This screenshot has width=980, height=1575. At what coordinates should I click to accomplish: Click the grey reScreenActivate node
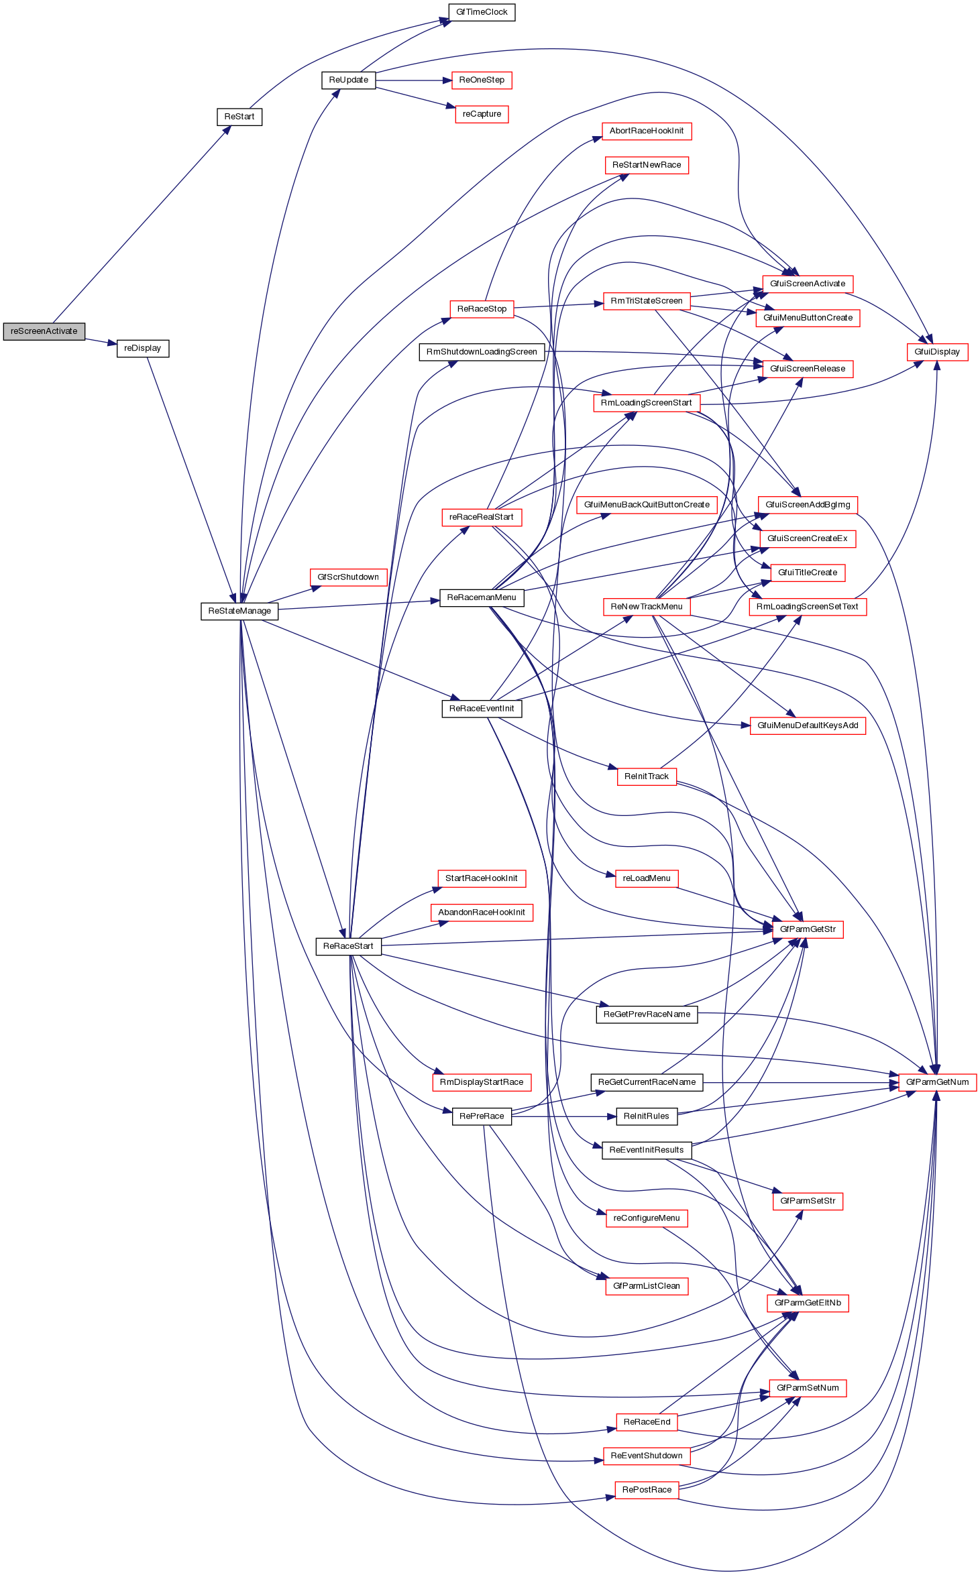[44, 331]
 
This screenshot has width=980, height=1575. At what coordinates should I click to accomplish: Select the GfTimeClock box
[482, 12]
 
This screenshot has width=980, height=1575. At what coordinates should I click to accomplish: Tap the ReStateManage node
[239, 611]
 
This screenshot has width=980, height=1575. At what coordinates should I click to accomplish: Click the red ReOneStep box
[482, 80]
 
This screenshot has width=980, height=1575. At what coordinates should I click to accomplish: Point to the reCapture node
[482, 114]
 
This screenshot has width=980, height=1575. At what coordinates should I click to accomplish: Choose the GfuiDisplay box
[937, 352]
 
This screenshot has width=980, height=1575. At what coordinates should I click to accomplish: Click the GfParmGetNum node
[937, 1082]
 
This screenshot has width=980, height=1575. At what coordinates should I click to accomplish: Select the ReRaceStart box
[348, 946]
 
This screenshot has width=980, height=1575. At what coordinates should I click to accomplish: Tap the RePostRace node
[647, 1490]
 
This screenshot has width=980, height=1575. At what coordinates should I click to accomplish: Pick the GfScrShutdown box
[348, 577]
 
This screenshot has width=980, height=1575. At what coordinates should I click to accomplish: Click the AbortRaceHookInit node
[647, 131]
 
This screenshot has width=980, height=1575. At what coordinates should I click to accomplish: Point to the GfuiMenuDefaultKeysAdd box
[808, 725]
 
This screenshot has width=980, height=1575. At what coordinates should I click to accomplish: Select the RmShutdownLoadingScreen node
[482, 352]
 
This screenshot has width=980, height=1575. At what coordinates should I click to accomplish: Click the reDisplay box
[143, 349]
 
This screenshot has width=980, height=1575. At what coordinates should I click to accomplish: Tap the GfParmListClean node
[647, 1286]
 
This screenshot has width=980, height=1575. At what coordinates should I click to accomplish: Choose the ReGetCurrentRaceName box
[647, 1082]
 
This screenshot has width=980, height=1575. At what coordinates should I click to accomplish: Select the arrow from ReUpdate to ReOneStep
[413, 80]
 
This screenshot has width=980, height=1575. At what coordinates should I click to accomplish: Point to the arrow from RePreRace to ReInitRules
[563, 1116]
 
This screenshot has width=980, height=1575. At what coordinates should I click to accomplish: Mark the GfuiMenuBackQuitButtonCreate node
[647, 505]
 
